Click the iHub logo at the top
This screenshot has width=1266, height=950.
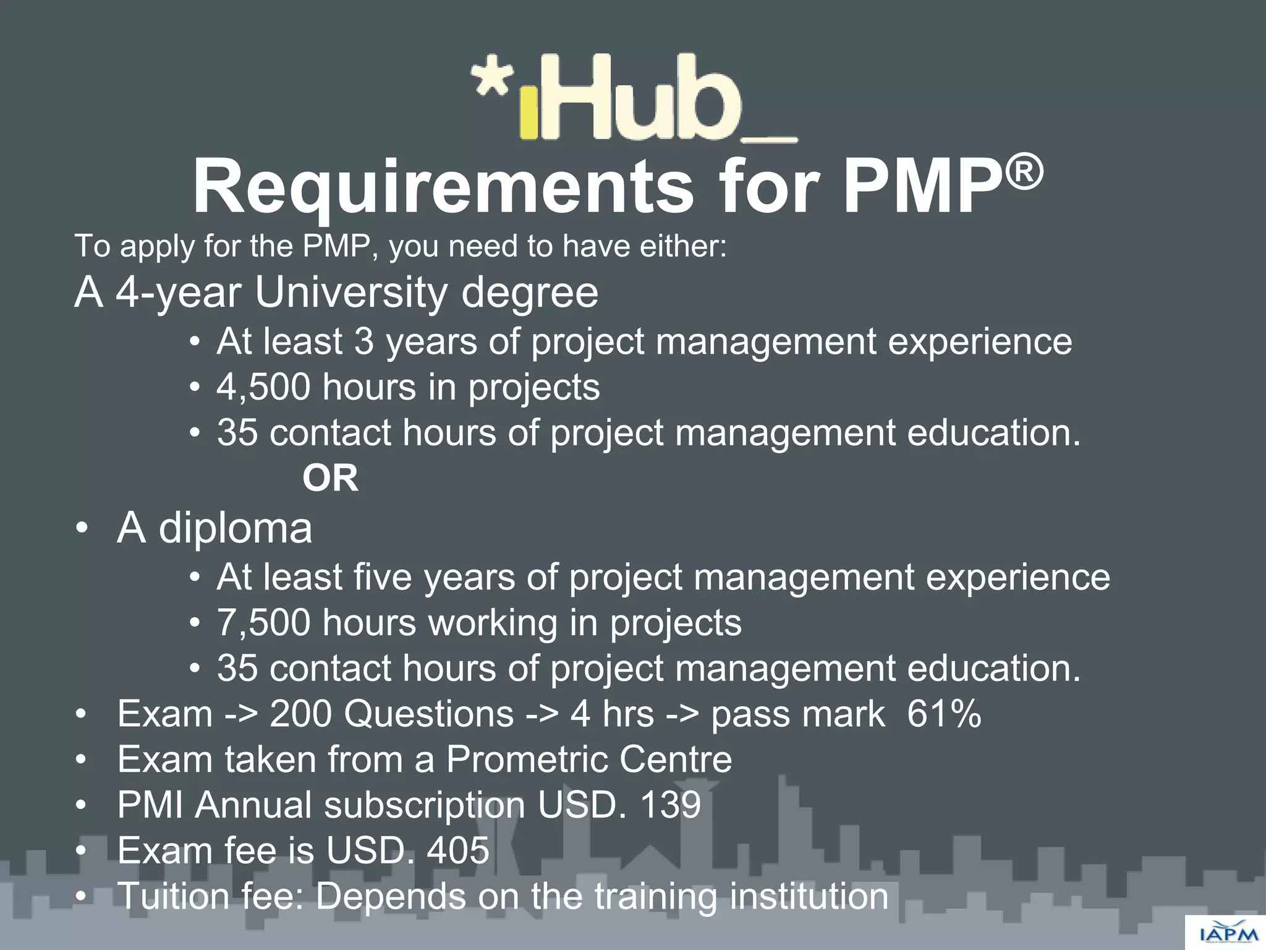click(634, 99)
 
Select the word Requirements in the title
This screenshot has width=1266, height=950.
click(443, 187)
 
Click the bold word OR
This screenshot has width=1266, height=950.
click(330, 478)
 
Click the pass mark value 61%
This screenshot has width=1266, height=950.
click(944, 714)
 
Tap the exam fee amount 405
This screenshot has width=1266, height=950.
click(458, 850)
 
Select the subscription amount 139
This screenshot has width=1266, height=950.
click(671, 805)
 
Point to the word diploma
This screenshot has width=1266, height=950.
click(236, 529)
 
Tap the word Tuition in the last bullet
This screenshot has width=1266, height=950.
click(174, 896)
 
